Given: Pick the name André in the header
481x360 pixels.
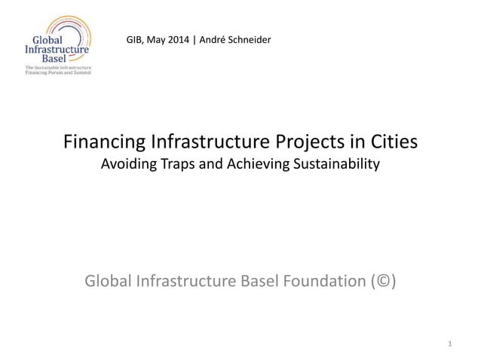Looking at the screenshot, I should pyautogui.click(x=217, y=38).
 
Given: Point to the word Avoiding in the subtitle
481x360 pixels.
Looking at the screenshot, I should pyautogui.click(x=129, y=164).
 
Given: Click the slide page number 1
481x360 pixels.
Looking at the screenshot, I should pyautogui.click(x=449, y=345).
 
